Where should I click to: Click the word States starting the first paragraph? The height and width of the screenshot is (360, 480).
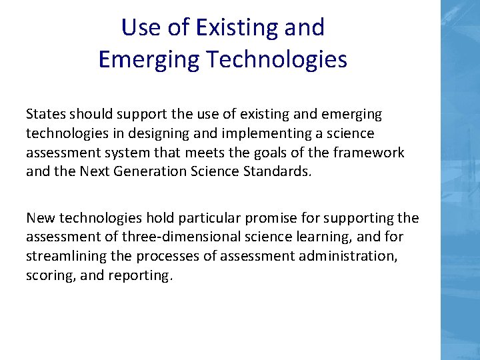coord(45,115)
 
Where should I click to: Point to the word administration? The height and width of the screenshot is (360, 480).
coord(349,255)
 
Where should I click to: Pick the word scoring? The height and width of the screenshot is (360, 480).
coord(50,275)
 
